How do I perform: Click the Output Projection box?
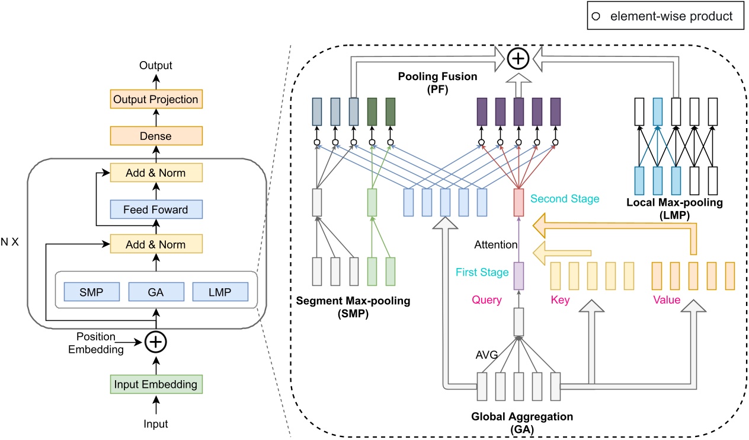(156, 99)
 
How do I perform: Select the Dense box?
(156, 136)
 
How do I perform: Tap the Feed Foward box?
(156, 209)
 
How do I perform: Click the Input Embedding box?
(156, 384)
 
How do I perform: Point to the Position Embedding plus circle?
(156, 341)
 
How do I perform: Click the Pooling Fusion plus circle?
(518, 58)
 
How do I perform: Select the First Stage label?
(482, 272)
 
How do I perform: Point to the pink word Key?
(560, 300)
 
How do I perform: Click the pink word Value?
(667, 300)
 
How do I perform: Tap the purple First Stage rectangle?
(518, 276)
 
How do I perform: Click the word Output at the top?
(156, 65)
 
